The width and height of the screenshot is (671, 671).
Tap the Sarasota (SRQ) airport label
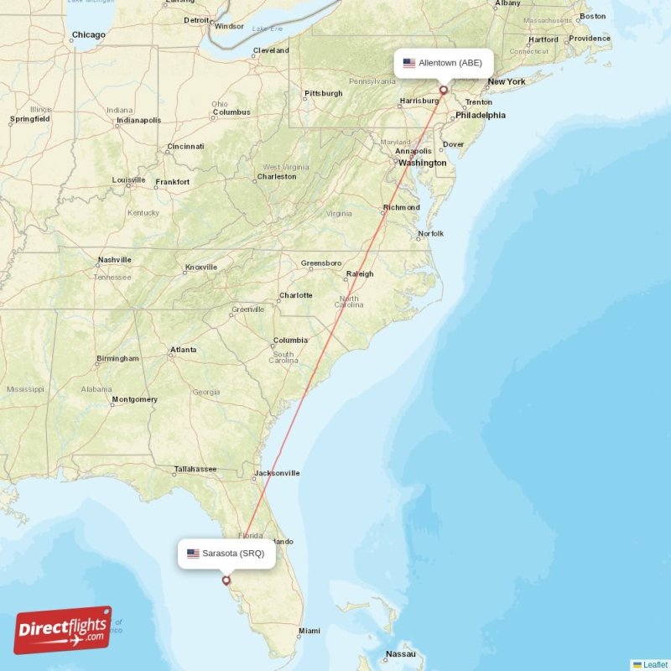click(x=226, y=554)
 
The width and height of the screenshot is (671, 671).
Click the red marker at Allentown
click(x=444, y=89)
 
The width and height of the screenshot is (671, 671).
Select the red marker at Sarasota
click(x=226, y=580)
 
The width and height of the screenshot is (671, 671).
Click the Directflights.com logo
click(x=63, y=630)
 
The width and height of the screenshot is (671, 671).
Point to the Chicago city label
click(x=88, y=35)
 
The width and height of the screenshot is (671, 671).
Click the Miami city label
click(x=309, y=631)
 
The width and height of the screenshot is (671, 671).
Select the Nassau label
click(x=400, y=653)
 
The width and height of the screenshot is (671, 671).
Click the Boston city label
click(x=592, y=16)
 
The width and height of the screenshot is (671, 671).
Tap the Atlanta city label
click(x=183, y=350)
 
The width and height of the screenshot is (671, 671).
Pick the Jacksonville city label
click(x=278, y=473)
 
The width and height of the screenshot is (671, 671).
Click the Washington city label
click(x=422, y=163)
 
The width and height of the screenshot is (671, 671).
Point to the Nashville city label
click(x=114, y=260)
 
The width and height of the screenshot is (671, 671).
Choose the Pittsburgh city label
click(x=323, y=93)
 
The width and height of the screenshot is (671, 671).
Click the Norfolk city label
click(x=430, y=233)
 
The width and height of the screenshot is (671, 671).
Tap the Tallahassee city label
click(x=195, y=469)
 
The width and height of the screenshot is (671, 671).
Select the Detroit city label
click(x=196, y=20)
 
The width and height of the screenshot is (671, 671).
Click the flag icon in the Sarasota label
click(x=193, y=554)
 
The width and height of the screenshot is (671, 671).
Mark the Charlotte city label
click(x=295, y=295)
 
